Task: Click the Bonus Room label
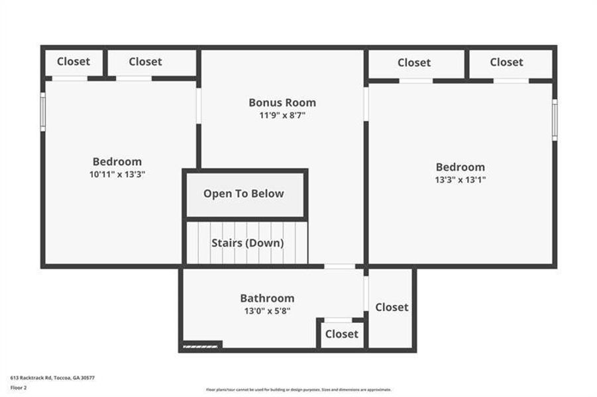[282, 103]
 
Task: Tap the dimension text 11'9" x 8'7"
[282, 115]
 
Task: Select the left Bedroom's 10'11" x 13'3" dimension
[117, 174]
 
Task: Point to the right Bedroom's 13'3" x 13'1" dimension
[460, 179]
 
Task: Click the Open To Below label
[244, 194]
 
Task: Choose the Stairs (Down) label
[247, 243]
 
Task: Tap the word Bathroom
[267, 298]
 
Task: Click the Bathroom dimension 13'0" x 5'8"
[267, 310]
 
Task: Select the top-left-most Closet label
[73, 62]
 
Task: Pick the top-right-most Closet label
[506, 62]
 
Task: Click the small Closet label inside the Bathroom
[341, 334]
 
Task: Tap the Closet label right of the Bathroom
[392, 307]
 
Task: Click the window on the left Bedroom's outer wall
[43, 111]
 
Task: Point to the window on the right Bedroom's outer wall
[555, 119]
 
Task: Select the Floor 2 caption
[18, 388]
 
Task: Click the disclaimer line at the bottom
[298, 390]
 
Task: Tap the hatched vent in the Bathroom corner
[201, 345]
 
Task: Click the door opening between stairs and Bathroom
[339, 266]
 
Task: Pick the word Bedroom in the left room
[117, 161]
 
